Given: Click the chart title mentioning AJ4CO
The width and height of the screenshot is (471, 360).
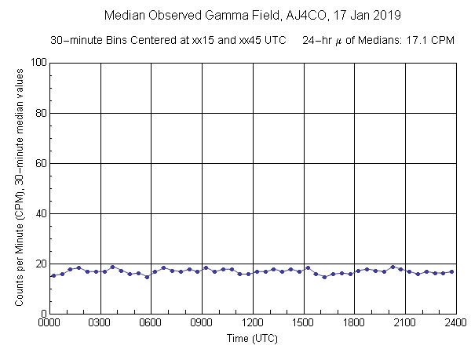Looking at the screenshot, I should [x=235, y=15].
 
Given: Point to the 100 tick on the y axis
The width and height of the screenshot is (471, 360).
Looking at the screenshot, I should [x=37, y=63].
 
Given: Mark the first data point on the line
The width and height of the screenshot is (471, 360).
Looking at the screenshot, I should [x=53, y=275].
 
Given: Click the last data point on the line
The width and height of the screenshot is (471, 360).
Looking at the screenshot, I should [x=451, y=271].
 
